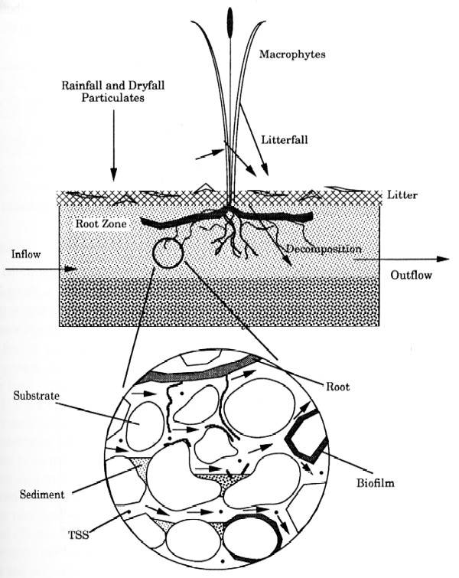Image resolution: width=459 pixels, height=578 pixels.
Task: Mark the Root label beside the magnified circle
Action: [338, 387]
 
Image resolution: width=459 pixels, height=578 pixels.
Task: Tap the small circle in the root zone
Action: [167, 253]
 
